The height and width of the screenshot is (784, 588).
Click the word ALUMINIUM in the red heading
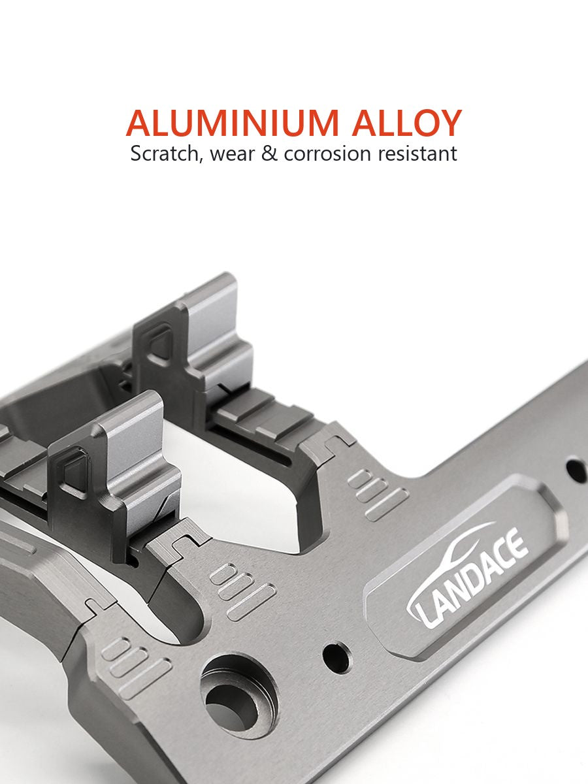(x=232, y=123)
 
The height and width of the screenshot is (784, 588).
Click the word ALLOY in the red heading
(x=407, y=123)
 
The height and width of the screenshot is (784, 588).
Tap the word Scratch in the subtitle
(x=164, y=154)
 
